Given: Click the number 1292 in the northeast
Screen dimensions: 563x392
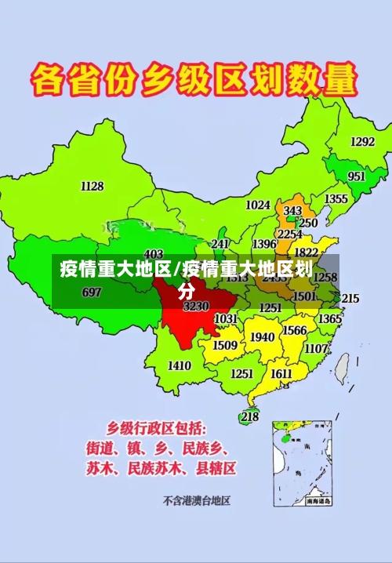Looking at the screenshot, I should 362,142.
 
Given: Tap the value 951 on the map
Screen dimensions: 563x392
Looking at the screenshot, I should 357,176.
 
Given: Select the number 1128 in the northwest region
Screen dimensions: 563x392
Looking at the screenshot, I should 92,186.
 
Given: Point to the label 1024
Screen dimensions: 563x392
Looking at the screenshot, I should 258,205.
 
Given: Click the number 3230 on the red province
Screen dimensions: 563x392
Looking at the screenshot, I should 196,307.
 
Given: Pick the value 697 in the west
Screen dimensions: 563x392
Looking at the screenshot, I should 92,292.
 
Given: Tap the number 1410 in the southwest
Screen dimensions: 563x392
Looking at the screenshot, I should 180,365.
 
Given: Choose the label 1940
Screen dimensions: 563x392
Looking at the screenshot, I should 262,337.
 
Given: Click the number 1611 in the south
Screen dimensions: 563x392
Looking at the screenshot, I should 281,374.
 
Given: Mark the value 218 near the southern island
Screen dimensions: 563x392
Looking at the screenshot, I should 249,416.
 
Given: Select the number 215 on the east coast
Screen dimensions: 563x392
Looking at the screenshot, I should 350,299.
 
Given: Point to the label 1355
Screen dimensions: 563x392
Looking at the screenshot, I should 336,199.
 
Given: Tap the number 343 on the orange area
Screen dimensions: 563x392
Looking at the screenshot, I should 292,212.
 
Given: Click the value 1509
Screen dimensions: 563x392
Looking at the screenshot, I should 225,345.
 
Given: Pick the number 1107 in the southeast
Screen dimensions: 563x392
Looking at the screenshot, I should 317,348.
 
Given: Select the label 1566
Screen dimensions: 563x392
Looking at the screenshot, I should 295,331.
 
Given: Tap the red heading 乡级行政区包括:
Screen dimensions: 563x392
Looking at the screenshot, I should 158,429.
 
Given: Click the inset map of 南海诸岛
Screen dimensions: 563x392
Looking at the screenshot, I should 303,463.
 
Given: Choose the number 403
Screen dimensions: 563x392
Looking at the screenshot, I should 154,254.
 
